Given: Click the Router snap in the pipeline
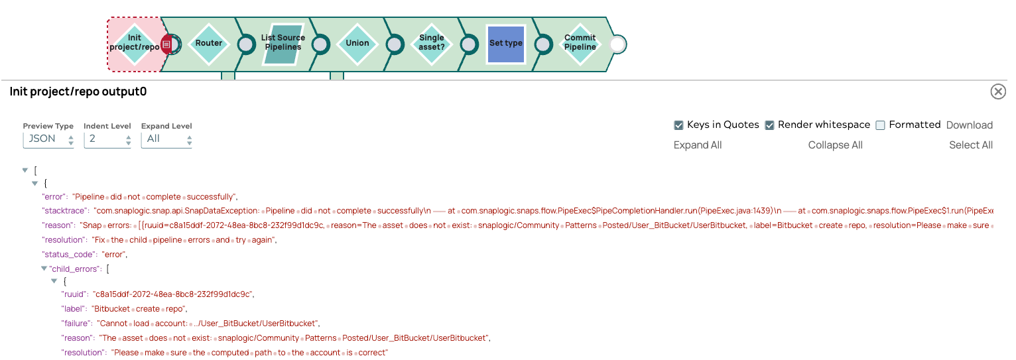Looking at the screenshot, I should tap(208, 44).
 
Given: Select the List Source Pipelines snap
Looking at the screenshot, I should tap(283, 44).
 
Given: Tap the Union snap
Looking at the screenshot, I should tap(357, 44).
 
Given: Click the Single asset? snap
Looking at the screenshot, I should tap(432, 44).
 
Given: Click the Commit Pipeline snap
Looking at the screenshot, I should tap(580, 44).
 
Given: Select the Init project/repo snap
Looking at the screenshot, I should tap(135, 44).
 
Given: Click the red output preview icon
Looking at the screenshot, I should tap(167, 44).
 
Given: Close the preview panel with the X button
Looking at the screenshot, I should tap(998, 91).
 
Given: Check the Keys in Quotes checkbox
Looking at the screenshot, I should tap(678, 125).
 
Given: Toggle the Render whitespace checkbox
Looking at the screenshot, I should tap(770, 125).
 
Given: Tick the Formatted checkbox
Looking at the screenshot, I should tap(881, 125).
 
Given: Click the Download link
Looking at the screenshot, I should tap(969, 125).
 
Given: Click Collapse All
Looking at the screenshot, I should tap(835, 145).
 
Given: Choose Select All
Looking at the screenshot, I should tap(971, 145).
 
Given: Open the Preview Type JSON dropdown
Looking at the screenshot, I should tap(48, 139).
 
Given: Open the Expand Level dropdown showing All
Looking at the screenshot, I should tap(166, 139).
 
